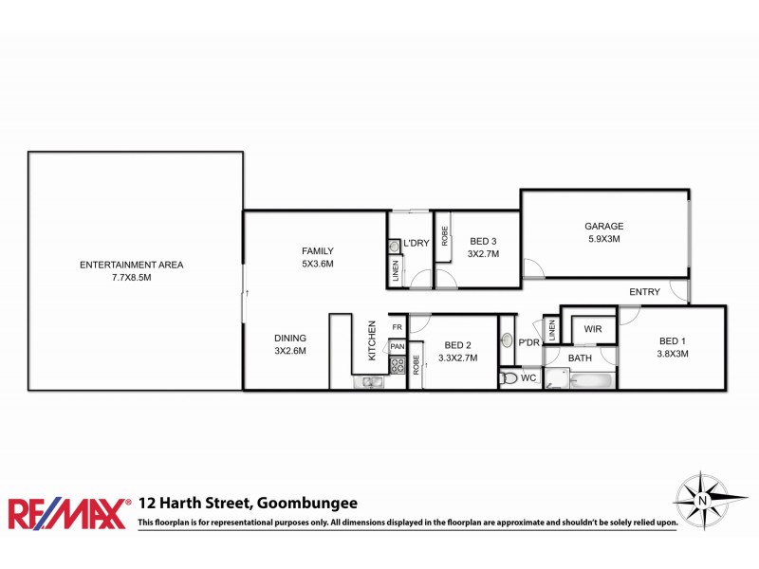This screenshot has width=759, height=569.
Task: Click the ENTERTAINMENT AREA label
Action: [132, 265]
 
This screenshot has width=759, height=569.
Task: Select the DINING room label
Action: [290, 338]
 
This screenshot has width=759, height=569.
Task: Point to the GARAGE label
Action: [603, 226]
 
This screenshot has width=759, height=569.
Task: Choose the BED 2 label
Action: [457, 345]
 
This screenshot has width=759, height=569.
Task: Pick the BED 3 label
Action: [482, 241]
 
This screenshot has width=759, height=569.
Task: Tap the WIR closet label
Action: [593, 329]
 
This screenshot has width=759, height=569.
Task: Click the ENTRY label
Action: [644, 292]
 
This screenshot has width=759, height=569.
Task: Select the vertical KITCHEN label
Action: [373, 340]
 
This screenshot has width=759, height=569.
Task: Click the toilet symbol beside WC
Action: [510, 377]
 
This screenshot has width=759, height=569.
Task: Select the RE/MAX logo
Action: [67, 513]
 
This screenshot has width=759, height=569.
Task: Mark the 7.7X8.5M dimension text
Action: [132, 278]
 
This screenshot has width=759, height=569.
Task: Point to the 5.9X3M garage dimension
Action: [603, 239]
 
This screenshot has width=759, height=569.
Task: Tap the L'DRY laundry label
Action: [417, 244]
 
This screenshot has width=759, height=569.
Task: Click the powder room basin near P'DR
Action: [508, 340]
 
